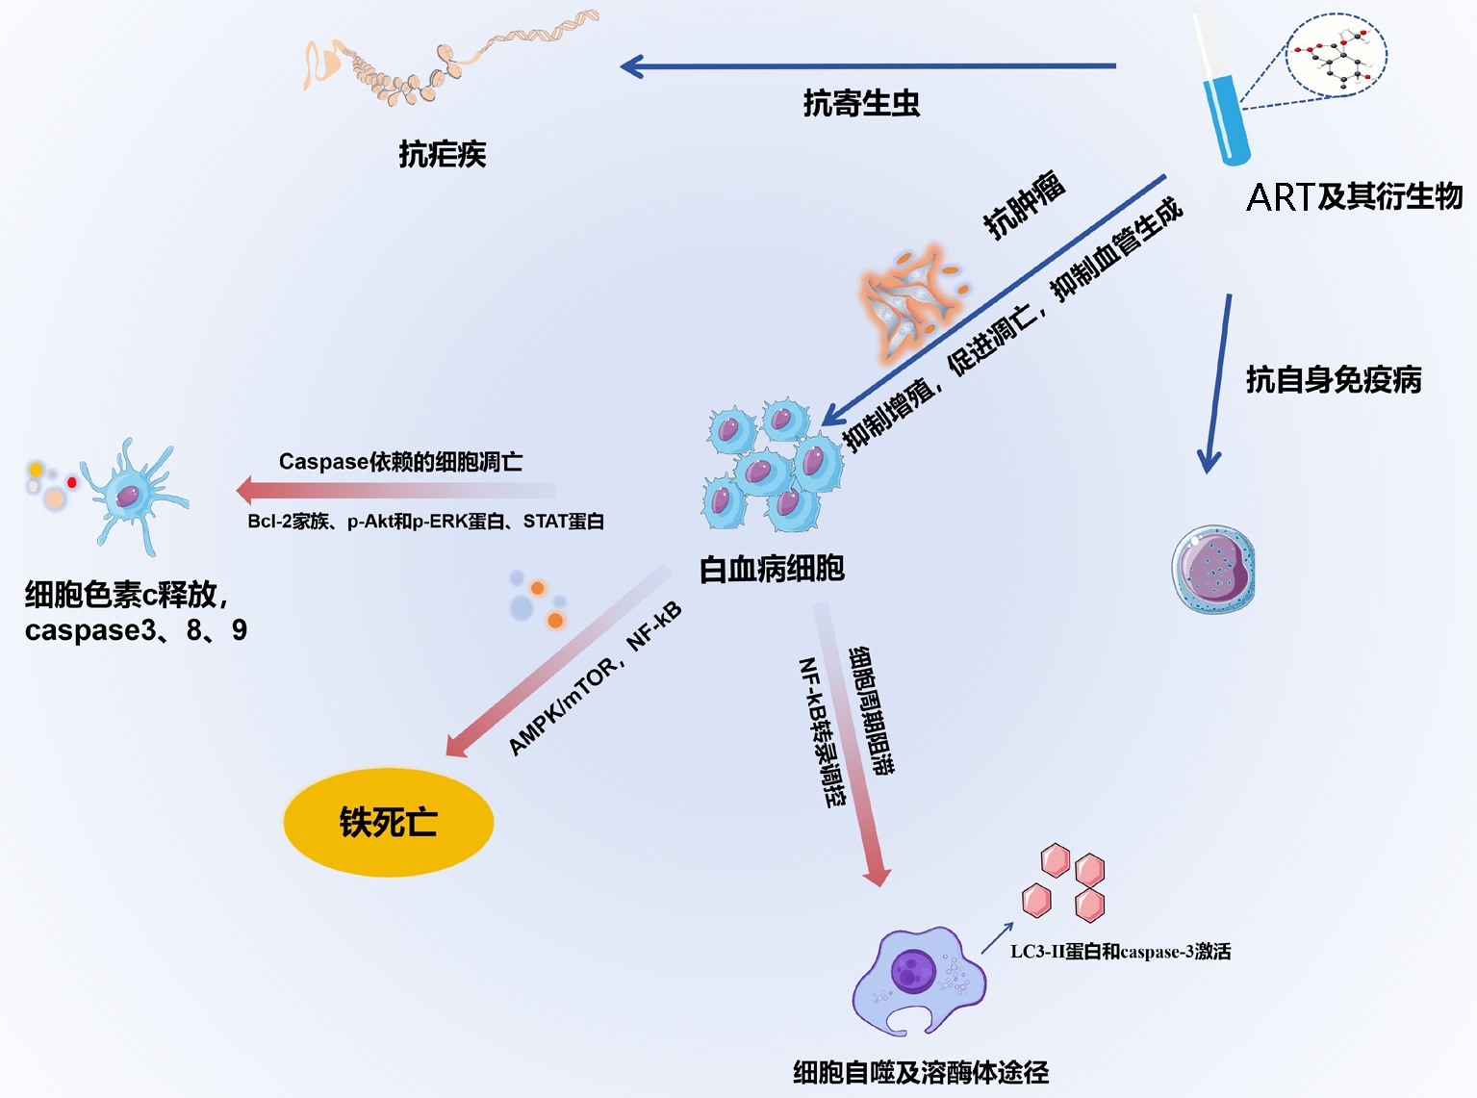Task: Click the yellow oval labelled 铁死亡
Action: point(388,823)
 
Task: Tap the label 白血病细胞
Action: point(772,569)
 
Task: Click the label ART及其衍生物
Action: point(1354,197)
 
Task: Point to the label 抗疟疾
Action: point(443,154)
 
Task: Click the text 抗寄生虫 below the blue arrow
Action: point(861,103)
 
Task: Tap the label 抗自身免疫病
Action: point(1334,379)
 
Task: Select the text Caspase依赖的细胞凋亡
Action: point(400,462)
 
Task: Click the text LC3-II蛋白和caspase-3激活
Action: point(1120,952)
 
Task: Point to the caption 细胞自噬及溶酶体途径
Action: point(921,1072)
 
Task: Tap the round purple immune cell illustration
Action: point(1213,570)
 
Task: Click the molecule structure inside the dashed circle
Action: point(1337,56)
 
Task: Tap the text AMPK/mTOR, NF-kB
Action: point(595,678)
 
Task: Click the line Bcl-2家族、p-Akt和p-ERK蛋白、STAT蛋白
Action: point(425,522)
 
